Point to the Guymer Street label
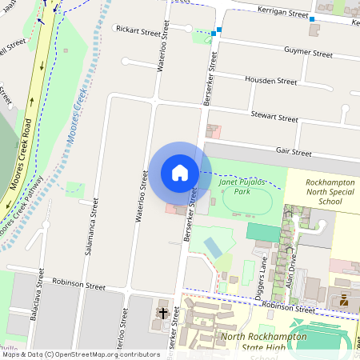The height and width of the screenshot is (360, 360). (x=308, y=53)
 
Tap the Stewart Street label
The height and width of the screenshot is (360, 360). (x=274, y=118)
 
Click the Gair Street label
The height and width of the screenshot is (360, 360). (x=293, y=151)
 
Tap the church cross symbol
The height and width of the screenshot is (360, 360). (x=162, y=312)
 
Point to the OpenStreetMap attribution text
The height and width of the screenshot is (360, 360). (x=80, y=354)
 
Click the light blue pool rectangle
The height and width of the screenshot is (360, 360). (x=213, y=246)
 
